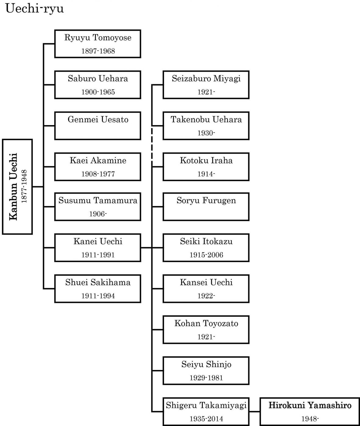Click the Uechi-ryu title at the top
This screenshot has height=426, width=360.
point(34,9)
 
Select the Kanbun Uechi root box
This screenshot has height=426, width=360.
point(17,187)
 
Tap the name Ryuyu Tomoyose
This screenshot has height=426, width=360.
point(98,38)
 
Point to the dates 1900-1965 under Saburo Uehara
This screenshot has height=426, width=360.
point(98,92)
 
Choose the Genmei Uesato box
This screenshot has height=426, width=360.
point(98,126)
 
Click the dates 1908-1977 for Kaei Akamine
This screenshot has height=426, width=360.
point(98,174)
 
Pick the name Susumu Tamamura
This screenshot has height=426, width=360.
point(98,201)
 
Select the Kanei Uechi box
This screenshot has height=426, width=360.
point(98,247)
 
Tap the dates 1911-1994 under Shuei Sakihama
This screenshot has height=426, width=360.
point(98,296)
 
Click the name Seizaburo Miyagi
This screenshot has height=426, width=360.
point(206,79)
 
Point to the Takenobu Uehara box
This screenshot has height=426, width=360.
point(206,126)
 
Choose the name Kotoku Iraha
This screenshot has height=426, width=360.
point(206,160)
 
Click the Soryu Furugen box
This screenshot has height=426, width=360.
point(206,206)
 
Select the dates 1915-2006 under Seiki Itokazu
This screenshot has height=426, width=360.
point(206,255)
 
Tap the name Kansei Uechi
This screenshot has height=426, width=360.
point(206,282)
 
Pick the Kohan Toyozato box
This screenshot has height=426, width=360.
point(206,330)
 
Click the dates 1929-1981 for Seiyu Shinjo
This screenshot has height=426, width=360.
point(206,378)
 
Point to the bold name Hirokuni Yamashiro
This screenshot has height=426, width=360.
point(310,405)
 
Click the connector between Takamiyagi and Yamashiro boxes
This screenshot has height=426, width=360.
point(255,411)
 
